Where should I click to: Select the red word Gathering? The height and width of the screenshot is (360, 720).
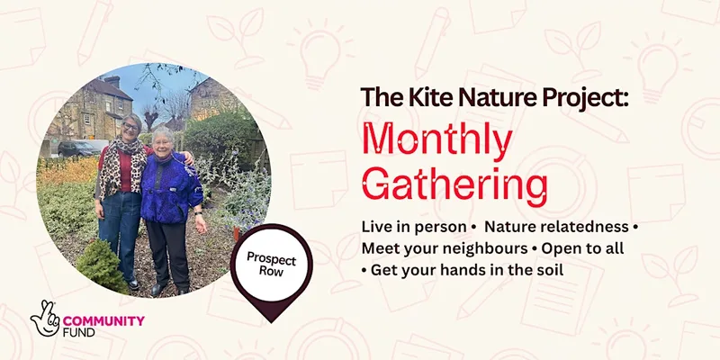pyautogui.click(x=454, y=186)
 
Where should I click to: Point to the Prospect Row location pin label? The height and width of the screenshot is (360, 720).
pyautogui.click(x=271, y=263)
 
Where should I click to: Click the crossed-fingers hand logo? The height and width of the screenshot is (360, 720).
pyautogui.click(x=45, y=319)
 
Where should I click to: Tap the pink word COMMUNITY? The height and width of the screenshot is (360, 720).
pyautogui.click(x=103, y=319)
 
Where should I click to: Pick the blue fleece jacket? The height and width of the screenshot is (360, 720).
pyautogui.click(x=170, y=188)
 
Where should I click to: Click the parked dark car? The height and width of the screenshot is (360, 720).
pyautogui.click(x=78, y=148)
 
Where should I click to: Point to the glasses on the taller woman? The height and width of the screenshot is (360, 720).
pyautogui.click(x=130, y=126)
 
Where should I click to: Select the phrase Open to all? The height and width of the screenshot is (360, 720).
pyautogui.click(x=582, y=248)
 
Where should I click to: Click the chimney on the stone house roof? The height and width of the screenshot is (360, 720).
pyautogui.click(x=112, y=82)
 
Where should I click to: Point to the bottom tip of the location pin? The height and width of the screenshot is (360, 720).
pyautogui.click(x=272, y=322)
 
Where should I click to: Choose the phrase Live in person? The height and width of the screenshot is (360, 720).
pyautogui.click(x=412, y=227)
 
